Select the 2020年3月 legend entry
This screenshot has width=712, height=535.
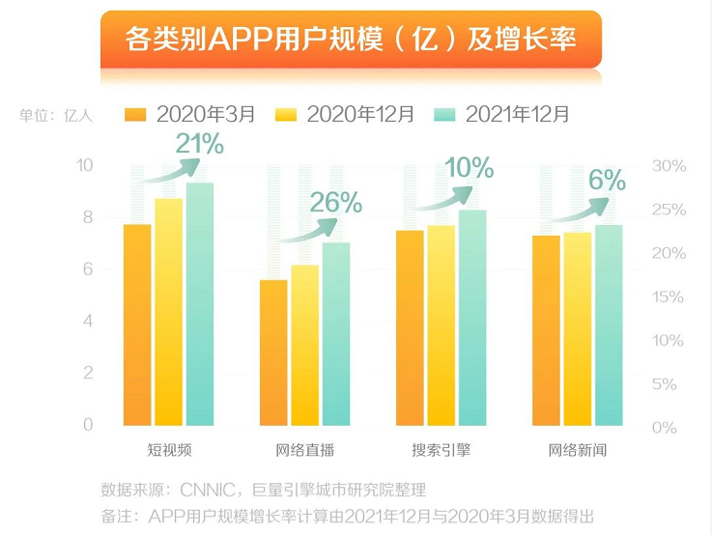[x=190, y=114]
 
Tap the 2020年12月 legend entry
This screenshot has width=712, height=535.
[x=345, y=114]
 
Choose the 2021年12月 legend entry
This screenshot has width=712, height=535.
[x=502, y=114]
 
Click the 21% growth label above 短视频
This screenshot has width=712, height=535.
[x=199, y=145]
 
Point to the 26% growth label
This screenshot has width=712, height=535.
[x=336, y=203]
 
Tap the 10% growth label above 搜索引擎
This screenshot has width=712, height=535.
[x=469, y=168]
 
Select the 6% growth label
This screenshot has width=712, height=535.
[x=607, y=180]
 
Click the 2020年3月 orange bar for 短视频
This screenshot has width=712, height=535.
[x=137, y=324]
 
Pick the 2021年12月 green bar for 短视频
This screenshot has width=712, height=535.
[x=200, y=303]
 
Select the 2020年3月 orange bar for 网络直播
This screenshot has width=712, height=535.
[x=273, y=352]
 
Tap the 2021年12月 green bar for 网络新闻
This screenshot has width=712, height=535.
[x=609, y=324]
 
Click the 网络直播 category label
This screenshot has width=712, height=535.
[x=305, y=451]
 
